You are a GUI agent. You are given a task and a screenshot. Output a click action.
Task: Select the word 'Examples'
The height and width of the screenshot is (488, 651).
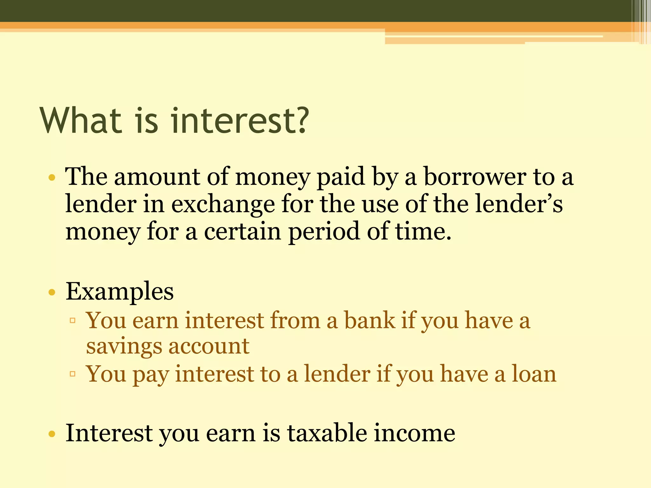[x=120, y=291]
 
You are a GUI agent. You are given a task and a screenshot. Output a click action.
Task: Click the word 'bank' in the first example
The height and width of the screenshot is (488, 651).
[x=369, y=320]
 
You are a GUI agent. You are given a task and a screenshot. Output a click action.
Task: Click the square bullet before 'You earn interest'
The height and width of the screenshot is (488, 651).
[x=72, y=321]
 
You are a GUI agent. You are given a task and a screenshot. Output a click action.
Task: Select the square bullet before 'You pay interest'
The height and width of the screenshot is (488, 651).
[x=72, y=374]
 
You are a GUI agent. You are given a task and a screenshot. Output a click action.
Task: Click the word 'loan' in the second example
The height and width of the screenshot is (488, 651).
[x=534, y=374]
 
